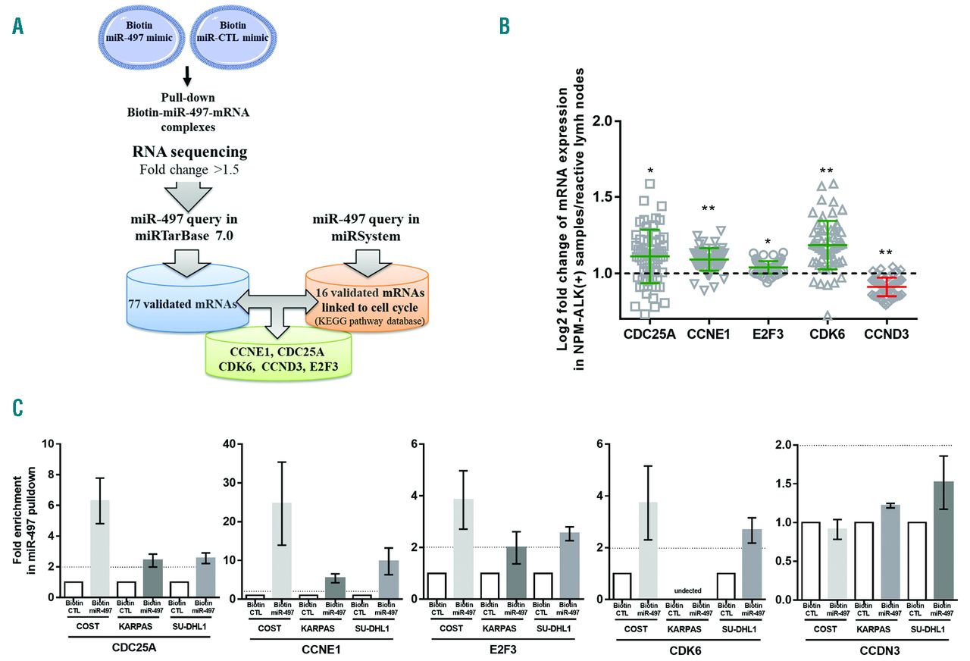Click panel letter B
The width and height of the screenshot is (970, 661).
pyautogui.click(x=504, y=26)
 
